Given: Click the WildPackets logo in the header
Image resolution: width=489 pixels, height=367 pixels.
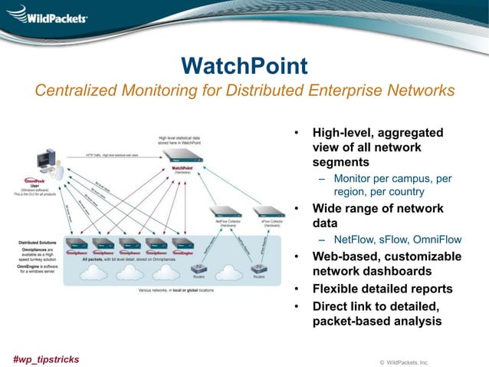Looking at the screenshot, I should click(48, 16).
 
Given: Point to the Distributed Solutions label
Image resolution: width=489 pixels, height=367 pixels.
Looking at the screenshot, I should click(38, 242).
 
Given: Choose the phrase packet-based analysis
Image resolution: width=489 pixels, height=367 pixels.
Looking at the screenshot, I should click(377, 322).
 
